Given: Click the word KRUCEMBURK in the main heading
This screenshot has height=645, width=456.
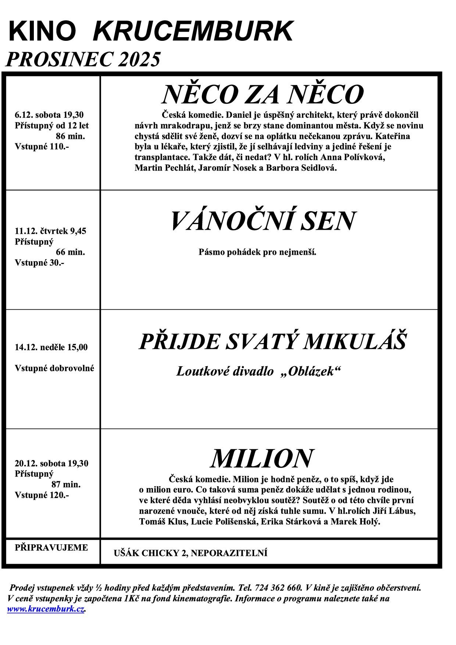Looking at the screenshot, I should pyautogui.click(x=193, y=32).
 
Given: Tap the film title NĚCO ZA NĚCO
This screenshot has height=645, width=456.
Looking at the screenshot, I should pyautogui.click(x=263, y=95).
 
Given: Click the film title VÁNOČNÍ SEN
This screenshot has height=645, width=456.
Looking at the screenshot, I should pyautogui.click(x=263, y=221).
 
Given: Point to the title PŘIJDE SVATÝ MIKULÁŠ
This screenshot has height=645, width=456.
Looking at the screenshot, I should pyautogui.click(x=272, y=342).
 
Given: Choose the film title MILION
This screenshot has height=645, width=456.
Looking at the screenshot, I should pyautogui.click(x=261, y=459).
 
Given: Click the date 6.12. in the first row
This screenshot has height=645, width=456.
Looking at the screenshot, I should pyautogui.click(x=24, y=115).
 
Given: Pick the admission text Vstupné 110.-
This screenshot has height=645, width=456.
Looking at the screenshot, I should pyautogui.click(x=42, y=147).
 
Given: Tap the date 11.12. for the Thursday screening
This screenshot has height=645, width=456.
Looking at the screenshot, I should pyautogui.click(x=26, y=231).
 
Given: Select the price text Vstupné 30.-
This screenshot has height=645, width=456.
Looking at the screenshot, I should pyautogui.click(x=39, y=263).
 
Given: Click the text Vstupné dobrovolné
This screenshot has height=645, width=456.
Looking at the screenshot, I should pyautogui.click(x=54, y=368).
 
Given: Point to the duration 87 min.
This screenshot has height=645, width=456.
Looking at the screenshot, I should pyautogui.click(x=66, y=484).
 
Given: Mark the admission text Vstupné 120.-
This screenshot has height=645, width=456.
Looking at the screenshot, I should pyautogui.click(x=42, y=495).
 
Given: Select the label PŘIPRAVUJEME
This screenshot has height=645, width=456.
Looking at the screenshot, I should pyautogui.click(x=51, y=548).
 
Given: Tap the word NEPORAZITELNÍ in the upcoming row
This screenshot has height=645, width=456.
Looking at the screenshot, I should pyautogui.click(x=229, y=553).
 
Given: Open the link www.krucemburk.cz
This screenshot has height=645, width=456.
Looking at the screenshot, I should pyautogui.click(x=46, y=609).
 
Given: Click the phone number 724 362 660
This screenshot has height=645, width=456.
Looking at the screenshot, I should pyautogui.click(x=278, y=588).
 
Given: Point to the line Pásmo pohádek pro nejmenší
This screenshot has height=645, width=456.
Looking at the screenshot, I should pyautogui.click(x=257, y=252).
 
